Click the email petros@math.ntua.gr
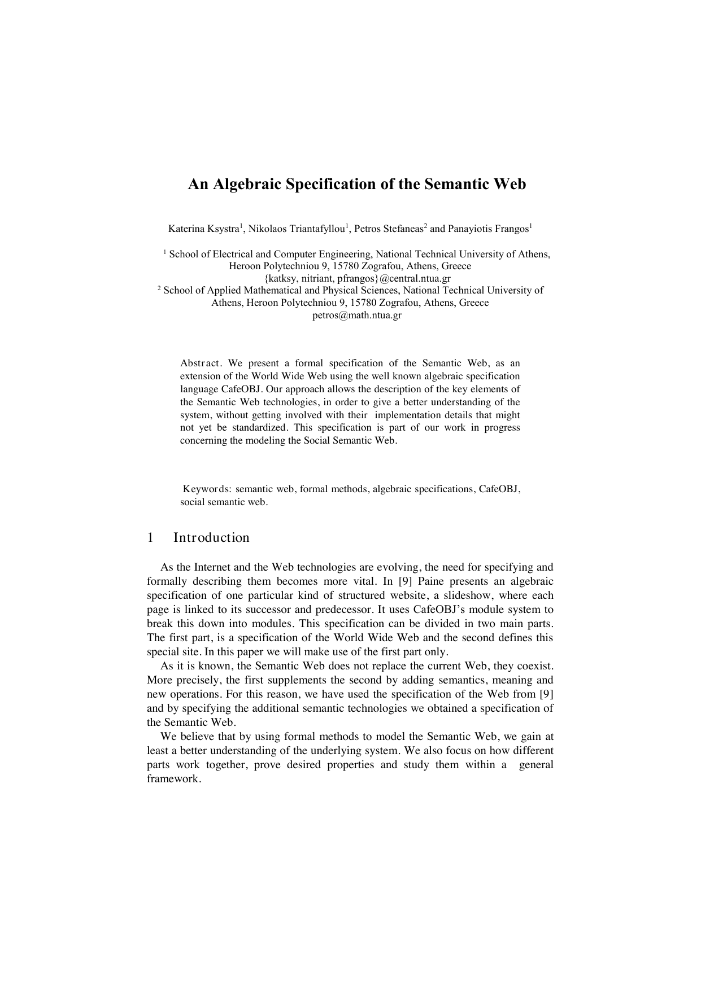pyautogui.click(x=357, y=315)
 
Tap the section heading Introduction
pyautogui.click(x=211, y=537)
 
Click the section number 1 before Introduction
pyautogui.click(x=150, y=537)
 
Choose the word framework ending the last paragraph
pyautogui.click(x=173, y=779)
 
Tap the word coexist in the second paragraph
pyautogui.click(x=534, y=666)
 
